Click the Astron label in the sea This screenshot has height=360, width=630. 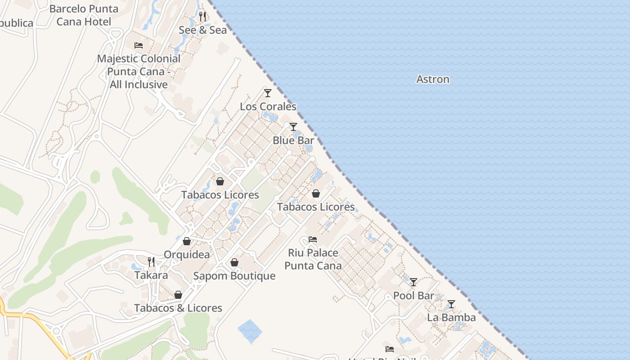click(x=432, y=79)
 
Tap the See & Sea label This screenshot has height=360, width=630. click(x=202, y=30)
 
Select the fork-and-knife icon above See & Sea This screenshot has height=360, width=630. click(x=202, y=17)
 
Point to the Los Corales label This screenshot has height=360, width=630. click(x=268, y=107)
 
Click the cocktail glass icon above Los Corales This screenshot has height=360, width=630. click(x=268, y=93)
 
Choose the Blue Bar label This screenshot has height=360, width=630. click(x=293, y=140)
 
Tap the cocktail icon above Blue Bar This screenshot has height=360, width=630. click(x=293, y=127)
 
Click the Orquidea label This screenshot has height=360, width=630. click(x=186, y=255)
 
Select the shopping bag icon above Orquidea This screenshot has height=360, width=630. click(x=186, y=241)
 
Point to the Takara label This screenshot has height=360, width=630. click(x=151, y=275)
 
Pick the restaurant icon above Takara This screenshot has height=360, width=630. click(x=151, y=261)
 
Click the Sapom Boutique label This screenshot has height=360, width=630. click(x=234, y=276)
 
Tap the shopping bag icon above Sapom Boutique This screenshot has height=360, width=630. click(x=234, y=262)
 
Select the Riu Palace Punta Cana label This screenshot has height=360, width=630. click(x=313, y=259)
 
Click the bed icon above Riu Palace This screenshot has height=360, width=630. click(x=313, y=239)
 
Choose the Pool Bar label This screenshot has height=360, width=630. click(x=414, y=296)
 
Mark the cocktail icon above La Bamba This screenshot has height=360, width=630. click(x=451, y=304)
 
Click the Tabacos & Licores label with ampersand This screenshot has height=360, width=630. click(x=178, y=308)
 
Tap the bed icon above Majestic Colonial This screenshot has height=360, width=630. click(x=139, y=45)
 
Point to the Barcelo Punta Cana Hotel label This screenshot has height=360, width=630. click(x=84, y=15)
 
